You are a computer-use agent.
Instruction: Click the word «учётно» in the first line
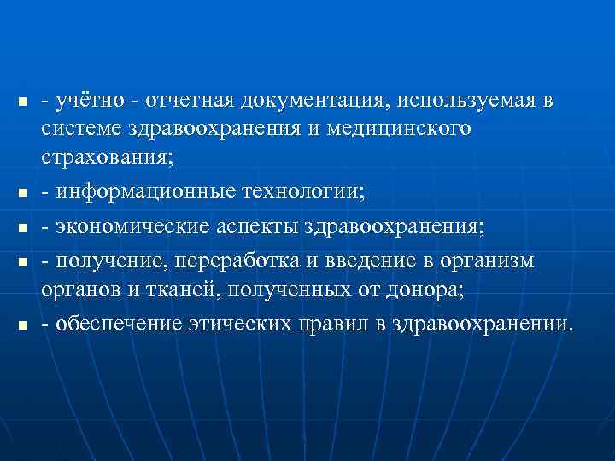pyautogui.click(x=87, y=101)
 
